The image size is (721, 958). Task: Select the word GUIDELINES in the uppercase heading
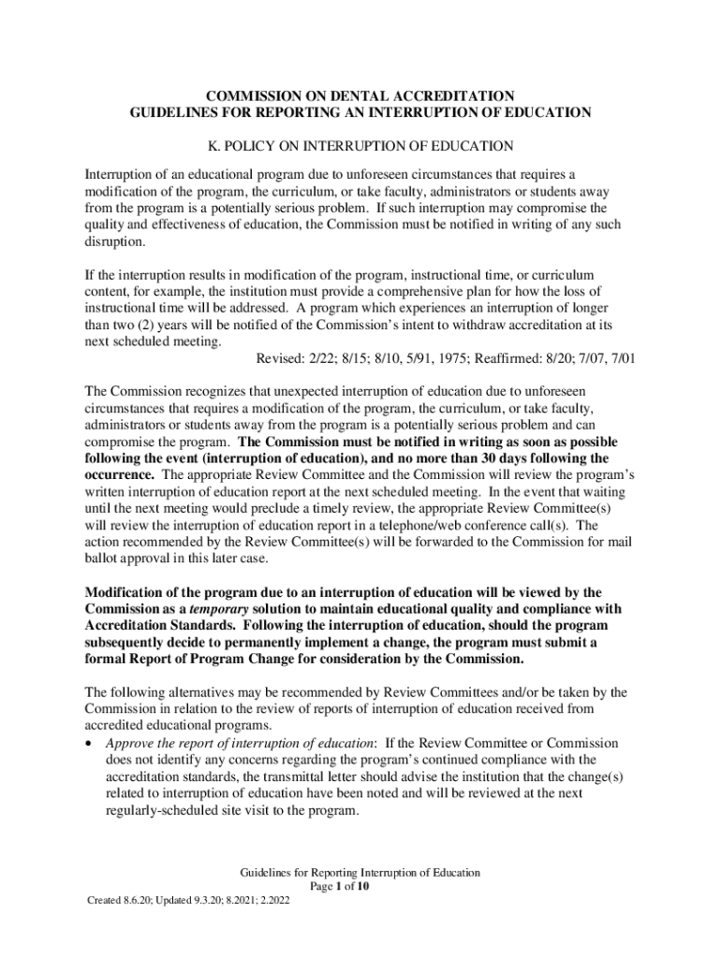pyautogui.click(x=175, y=112)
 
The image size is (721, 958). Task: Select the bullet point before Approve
pyautogui.click(x=89, y=744)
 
